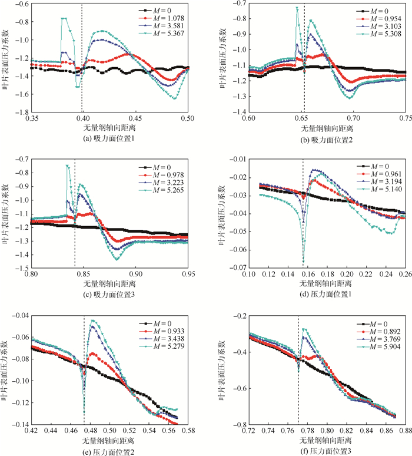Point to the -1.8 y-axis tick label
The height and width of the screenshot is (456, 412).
pos(22,112)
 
